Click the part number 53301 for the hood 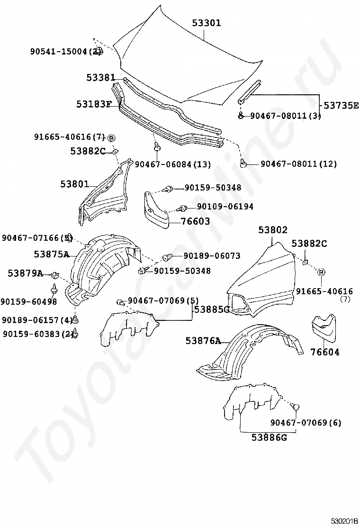pyautogui.click(x=207, y=23)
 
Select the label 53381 pyautogui.click(x=101, y=77)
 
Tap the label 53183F pyautogui.click(x=94, y=104)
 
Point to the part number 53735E pyautogui.click(x=341, y=105)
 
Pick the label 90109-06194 pyautogui.click(x=225, y=207)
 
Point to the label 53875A pyautogui.click(x=52, y=254)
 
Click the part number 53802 pyautogui.click(x=273, y=230)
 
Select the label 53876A pyautogui.click(x=203, y=341)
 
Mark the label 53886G pyautogui.click(x=269, y=437)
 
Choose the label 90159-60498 pyautogui.click(x=28, y=301)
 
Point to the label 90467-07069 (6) pyautogui.click(x=306, y=422)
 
